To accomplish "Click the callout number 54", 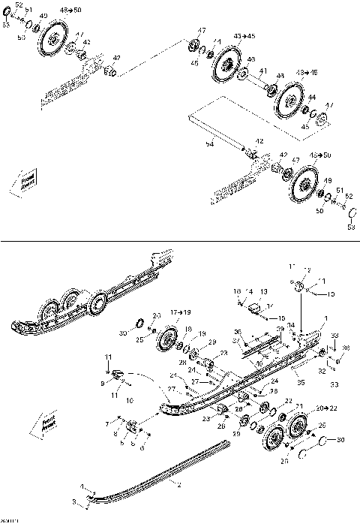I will pos(210,143).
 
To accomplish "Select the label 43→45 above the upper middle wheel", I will pos(244,36).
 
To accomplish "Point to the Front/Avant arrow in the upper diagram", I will pos(27,182).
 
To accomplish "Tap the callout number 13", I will pos(263,291).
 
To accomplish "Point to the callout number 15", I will pos(271,318).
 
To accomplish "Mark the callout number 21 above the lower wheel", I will pos(298,406).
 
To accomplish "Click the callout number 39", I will pos(280,329).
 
